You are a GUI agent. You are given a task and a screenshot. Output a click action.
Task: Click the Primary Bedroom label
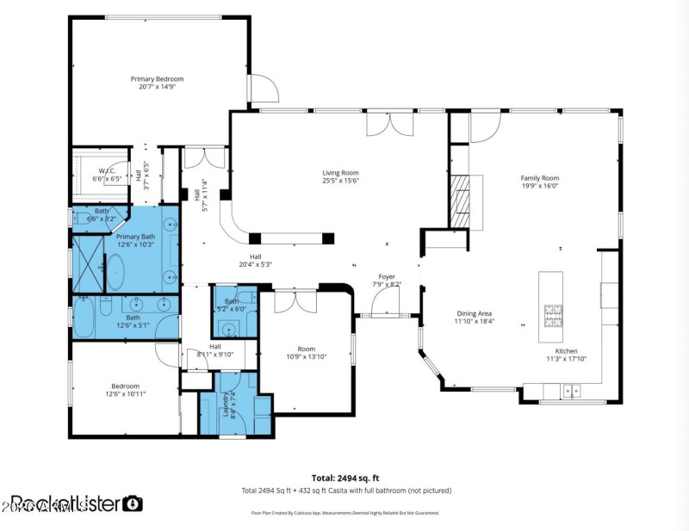[x=157, y=79]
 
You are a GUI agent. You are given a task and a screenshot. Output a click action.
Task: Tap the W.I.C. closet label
[x=108, y=171]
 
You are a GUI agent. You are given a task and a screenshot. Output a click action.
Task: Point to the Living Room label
[x=340, y=172]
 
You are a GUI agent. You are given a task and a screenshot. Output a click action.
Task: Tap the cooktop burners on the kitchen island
[x=551, y=312]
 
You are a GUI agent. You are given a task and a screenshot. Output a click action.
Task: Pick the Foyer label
[x=387, y=277]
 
